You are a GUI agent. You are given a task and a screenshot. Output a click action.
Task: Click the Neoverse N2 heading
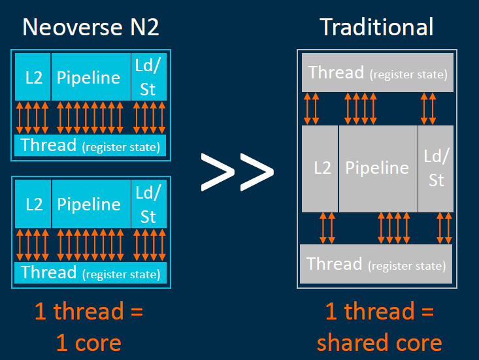[91, 27]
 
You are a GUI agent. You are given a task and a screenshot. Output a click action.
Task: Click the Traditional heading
[376, 27]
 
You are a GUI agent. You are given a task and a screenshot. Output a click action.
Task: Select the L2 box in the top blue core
[33, 78]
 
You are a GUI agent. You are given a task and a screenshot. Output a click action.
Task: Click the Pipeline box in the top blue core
[89, 78]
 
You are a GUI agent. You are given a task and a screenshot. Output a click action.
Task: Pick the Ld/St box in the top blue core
[148, 77]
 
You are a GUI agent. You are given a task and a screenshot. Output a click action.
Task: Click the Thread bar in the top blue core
[90, 145]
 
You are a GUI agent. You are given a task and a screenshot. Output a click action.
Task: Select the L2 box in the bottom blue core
[33, 205]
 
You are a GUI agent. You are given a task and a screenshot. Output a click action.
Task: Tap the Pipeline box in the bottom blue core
[89, 205]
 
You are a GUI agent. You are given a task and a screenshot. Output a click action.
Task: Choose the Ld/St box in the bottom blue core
[148, 205]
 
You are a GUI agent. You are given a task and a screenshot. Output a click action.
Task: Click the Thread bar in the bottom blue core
[90, 272]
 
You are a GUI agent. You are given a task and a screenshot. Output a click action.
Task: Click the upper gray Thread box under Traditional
[377, 73]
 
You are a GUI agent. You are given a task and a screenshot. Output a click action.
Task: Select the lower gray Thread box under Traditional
[376, 265]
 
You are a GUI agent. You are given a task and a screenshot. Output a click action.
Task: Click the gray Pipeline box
[377, 168]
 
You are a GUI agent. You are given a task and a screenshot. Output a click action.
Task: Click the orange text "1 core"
[88, 342]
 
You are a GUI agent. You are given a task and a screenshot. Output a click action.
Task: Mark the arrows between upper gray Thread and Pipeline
[361, 108]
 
